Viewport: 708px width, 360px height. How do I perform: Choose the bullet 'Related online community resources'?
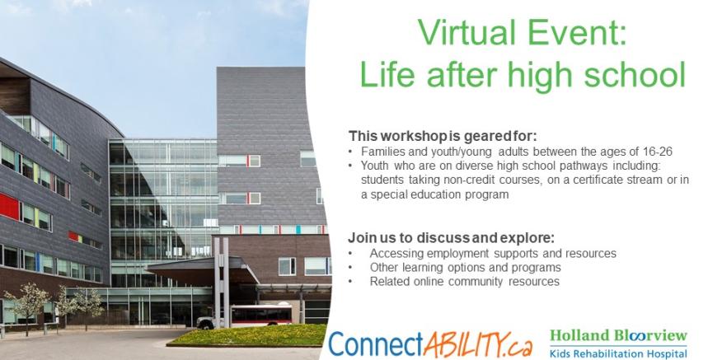464,282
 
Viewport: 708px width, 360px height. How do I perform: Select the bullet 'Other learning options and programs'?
465,268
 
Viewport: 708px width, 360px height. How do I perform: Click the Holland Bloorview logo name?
618,335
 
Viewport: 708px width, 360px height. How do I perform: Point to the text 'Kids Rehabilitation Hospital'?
618,353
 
